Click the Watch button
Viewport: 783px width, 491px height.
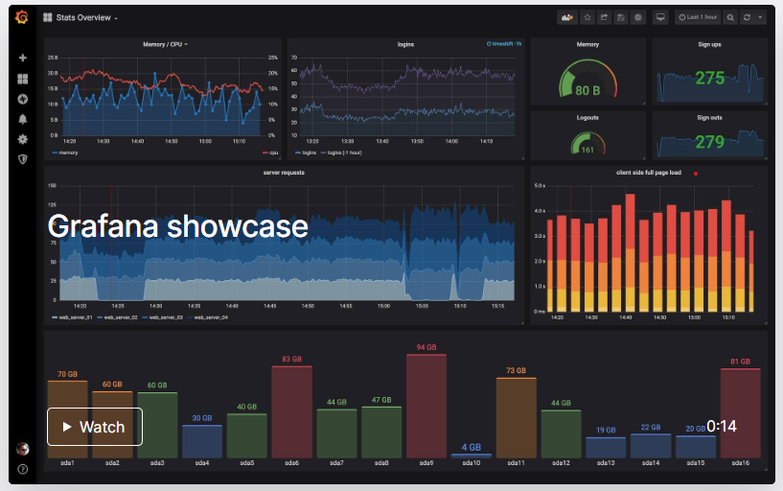click(x=95, y=427)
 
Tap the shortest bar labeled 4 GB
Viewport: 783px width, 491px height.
click(x=471, y=455)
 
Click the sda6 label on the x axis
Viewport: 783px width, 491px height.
click(x=291, y=463)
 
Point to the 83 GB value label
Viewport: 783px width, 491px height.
click(x=291, y=359)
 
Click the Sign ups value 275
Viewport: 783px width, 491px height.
click(x=709, y=79)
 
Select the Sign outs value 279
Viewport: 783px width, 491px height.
click(x=709, y=142)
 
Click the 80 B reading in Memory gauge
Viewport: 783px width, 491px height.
click(x=587, y=90)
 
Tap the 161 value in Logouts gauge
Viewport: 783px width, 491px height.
click(x=587, y=150)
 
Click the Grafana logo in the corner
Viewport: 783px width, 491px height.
click(x=22, y=17)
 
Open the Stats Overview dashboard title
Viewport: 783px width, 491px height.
click(x=81, y=17)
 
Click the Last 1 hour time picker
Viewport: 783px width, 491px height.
click(x=697, y=17)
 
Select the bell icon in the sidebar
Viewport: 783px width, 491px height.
click(x=22, y=119)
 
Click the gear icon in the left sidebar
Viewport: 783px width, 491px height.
click(x=22, y=139)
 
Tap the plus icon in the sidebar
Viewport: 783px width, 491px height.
click(x=22, y=58)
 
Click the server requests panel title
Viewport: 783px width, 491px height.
click(x=284, y=173)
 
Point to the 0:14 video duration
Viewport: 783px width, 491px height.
click(x=722, y=426)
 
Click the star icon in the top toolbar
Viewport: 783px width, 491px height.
click(x=587, y=17)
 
